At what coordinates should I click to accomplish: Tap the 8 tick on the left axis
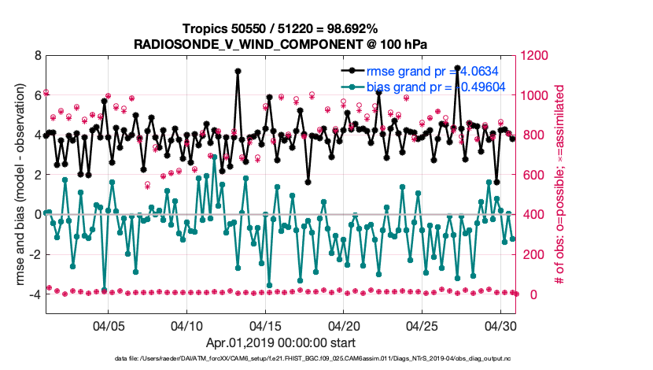[37, 56]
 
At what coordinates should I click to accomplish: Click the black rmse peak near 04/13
[238, 71]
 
